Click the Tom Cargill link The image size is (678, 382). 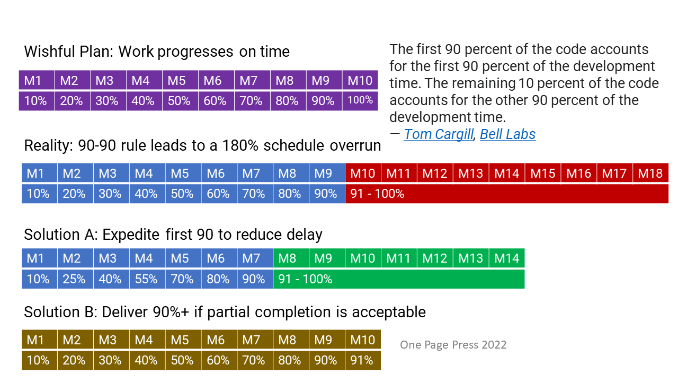point(438,135)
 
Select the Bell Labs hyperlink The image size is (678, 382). point(507,135)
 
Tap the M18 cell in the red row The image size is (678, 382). point(650,173)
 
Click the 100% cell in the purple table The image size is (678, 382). point(360,100)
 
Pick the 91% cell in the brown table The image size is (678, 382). point(362,360)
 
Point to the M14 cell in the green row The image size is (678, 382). point(507,258)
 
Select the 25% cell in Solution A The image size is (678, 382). point(74,279)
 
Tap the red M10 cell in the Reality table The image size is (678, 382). point(362,173)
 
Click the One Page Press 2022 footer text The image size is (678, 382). point(453,345)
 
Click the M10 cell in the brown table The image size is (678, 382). point(362,340)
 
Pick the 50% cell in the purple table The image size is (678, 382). point(180,100)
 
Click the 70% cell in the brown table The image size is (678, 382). point(254,360)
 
